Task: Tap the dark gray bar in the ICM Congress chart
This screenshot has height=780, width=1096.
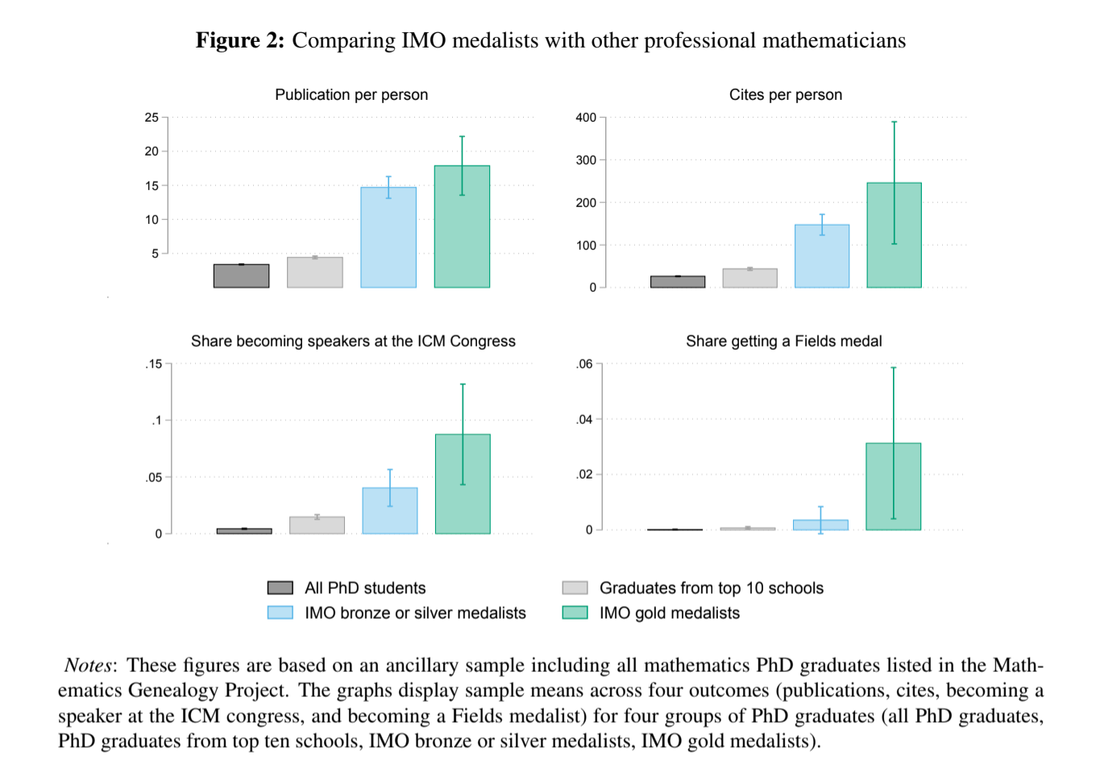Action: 244,531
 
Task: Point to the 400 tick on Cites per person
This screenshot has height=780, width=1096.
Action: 586,118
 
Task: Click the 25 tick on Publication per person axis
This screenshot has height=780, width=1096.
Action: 152,118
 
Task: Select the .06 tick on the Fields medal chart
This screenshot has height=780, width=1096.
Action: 584,364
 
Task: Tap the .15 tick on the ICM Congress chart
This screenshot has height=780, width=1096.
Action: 154,364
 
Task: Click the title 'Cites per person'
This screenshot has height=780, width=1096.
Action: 785,95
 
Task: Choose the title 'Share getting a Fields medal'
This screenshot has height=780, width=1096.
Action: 783,342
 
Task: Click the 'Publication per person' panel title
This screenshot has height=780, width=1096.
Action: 351,95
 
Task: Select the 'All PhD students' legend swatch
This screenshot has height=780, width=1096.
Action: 280,587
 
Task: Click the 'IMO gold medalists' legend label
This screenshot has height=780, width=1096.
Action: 669,613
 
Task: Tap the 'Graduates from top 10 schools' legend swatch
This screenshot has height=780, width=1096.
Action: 575,587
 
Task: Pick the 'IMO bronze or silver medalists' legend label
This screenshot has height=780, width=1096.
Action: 415,613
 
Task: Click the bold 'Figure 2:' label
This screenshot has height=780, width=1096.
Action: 239,40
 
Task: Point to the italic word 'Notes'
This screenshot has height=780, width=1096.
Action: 88,666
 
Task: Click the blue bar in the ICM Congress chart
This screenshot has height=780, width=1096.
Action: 390,511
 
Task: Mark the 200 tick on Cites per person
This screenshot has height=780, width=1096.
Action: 586,203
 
